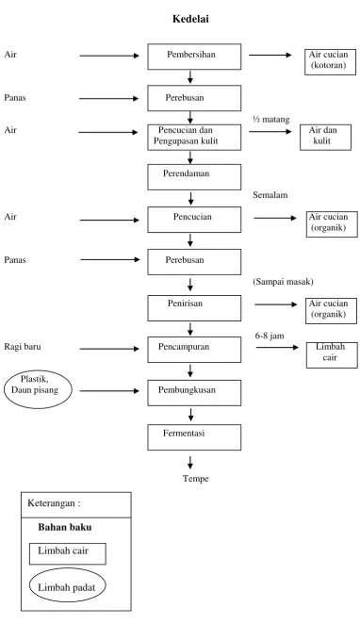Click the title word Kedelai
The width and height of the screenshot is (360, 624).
pyautogui.click(x=190, y=19)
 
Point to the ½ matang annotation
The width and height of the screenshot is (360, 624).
pyautogui.click(x=271, y=119)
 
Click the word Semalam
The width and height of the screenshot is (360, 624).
pyautogui.click(x=270, y=194)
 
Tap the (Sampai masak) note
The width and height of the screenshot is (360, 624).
pyautogui.click(x=283, y=281)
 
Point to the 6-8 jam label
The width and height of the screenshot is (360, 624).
pyautogui.click(x=270, y=336)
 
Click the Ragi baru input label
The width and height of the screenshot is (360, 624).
pyautogui.click(x=23, y=346)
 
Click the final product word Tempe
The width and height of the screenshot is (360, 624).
pyautogui.click(x=196, y=478)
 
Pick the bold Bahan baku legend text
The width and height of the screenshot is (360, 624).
pyautogui.click(x=65, y=527)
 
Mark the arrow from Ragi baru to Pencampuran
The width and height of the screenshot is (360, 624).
pyautogui.click(x=109, y=349)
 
